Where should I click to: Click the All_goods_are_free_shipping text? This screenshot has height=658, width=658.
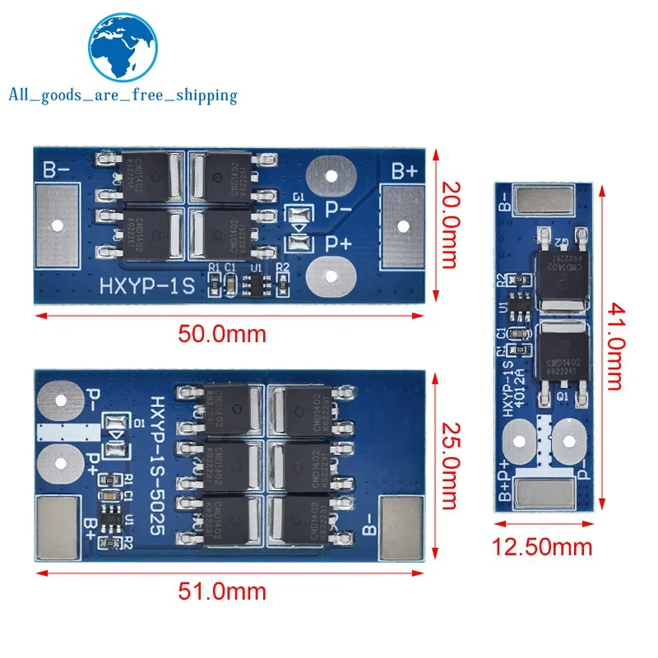[123, 95]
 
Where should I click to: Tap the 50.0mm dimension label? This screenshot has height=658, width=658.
[223, 334]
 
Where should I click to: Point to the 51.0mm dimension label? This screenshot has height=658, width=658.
[223, 591]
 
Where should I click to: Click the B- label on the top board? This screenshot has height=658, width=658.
[58, 170]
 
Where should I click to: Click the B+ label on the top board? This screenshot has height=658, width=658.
[404, 170]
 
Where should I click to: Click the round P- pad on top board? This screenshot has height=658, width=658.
[329, 175]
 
